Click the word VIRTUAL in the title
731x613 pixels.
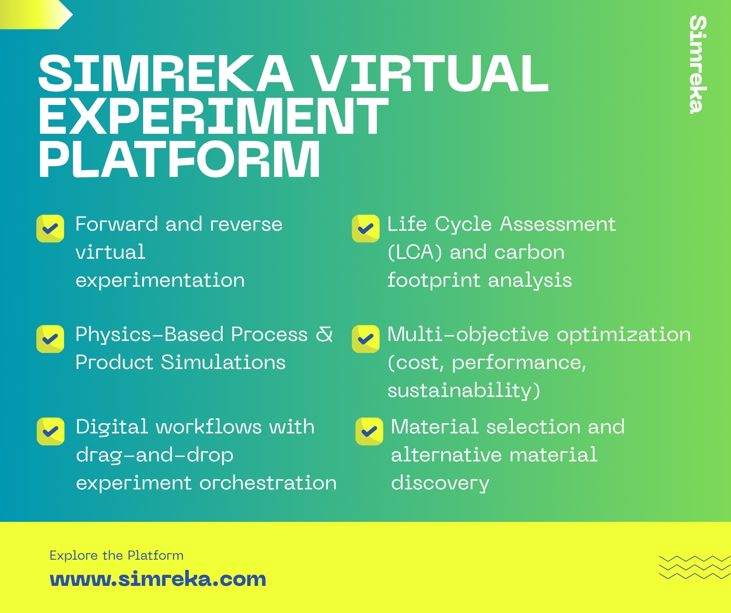(429, 73)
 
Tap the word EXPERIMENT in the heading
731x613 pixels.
(213, 116)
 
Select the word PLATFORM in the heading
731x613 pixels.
(180, 159)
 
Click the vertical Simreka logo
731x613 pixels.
(697, 65)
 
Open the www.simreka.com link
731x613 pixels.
(158, 579)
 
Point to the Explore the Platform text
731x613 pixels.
(116, 555)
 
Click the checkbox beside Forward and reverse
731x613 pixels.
(50, 229)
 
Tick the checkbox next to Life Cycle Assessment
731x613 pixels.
(366, 229)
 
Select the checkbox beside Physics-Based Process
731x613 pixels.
(50, 339)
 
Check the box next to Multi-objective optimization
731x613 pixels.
(366, 339)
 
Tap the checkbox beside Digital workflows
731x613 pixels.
(51, 431)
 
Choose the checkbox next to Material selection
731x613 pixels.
(369, 431)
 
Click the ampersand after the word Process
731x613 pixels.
(324, 334)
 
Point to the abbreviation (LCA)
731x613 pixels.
(415, 252)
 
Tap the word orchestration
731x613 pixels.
(268, 483)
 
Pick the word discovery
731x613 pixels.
(440, 484)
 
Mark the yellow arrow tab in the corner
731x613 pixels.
(36, 15)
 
